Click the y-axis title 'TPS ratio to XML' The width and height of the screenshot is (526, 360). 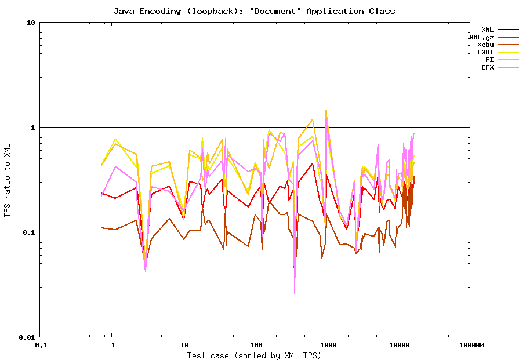7,180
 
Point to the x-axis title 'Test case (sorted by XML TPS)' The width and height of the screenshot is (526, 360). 254,355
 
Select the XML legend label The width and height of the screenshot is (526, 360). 487,30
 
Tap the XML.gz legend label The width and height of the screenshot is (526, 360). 481,37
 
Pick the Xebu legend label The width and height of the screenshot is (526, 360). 485,45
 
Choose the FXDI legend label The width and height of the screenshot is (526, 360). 485,52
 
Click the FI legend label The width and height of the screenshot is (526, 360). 489,60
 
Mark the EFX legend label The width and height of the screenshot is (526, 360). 487,67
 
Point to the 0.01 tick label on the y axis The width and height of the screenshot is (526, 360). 27,337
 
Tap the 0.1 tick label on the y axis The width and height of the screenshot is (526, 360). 29,232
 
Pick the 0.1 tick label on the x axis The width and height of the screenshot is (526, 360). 41,345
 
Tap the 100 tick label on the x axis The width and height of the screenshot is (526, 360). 255,345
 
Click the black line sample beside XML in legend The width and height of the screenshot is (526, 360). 508,30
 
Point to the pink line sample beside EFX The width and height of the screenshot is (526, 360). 508,67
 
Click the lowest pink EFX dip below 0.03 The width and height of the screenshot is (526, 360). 295,293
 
